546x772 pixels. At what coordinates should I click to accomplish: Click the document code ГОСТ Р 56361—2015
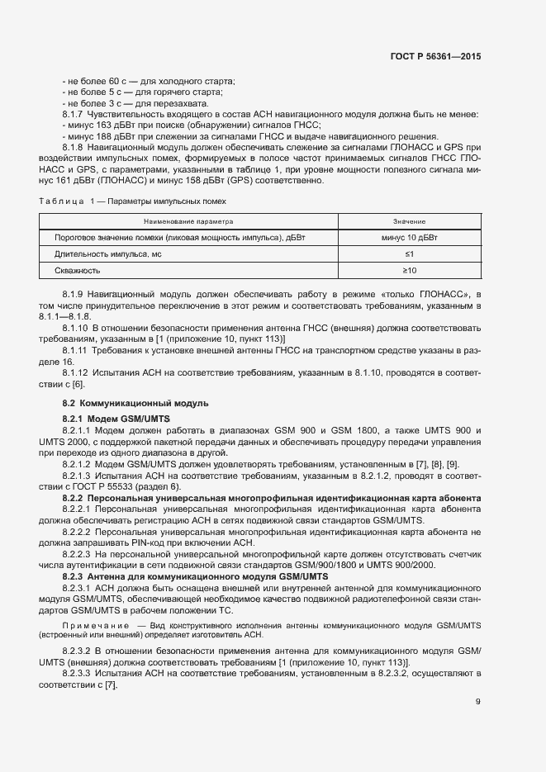tap(434, 57)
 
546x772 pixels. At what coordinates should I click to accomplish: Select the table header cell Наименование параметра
tap(188, 222)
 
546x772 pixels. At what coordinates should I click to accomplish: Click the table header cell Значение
tap(409, 222)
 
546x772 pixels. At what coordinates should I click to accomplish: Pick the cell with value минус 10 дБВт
tap(409, 238)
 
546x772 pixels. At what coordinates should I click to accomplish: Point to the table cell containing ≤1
tap(409, 253)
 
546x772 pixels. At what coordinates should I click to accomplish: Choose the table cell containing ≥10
tap(409, 270)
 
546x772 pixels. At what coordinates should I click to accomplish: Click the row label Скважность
tap(78, 270)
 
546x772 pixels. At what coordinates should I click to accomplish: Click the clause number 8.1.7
tap(73, 114)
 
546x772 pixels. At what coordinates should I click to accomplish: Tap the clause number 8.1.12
tap(75, 373)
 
